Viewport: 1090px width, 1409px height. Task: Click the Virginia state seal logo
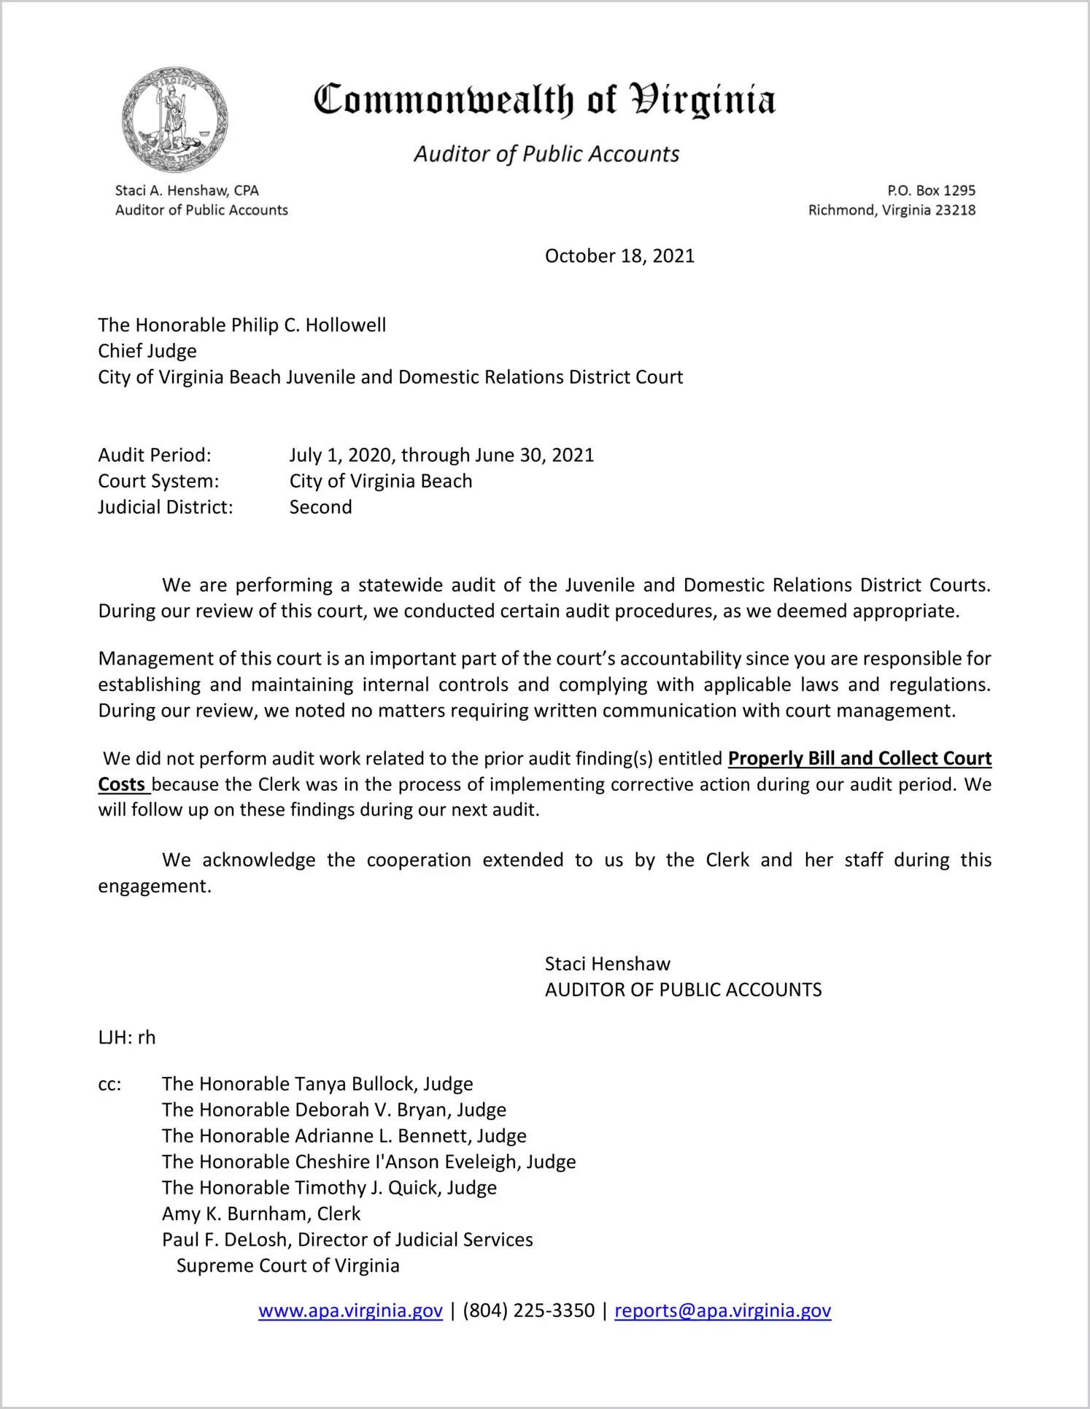174,120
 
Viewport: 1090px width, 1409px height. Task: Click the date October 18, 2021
619,256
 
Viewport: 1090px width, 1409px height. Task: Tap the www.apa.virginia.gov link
350,1310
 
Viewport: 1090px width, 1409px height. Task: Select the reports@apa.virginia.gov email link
722,1310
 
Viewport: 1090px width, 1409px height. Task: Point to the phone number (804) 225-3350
528,1310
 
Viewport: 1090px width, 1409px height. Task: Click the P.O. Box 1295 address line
931,190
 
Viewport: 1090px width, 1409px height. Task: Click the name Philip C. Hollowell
309,325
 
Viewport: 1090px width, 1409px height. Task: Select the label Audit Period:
155,455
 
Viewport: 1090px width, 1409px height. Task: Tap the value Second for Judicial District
320,507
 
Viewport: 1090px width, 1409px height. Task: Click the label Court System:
158,482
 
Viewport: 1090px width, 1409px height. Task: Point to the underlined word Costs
122,784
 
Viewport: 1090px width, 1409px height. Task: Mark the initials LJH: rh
127,1038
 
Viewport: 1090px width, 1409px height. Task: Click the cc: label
109,1084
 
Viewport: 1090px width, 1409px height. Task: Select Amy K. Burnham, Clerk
261,1213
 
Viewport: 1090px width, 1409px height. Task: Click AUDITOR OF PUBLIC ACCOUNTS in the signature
683,990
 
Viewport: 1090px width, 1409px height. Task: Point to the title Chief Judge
147,351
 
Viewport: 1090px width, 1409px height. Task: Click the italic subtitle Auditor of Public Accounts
546,154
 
